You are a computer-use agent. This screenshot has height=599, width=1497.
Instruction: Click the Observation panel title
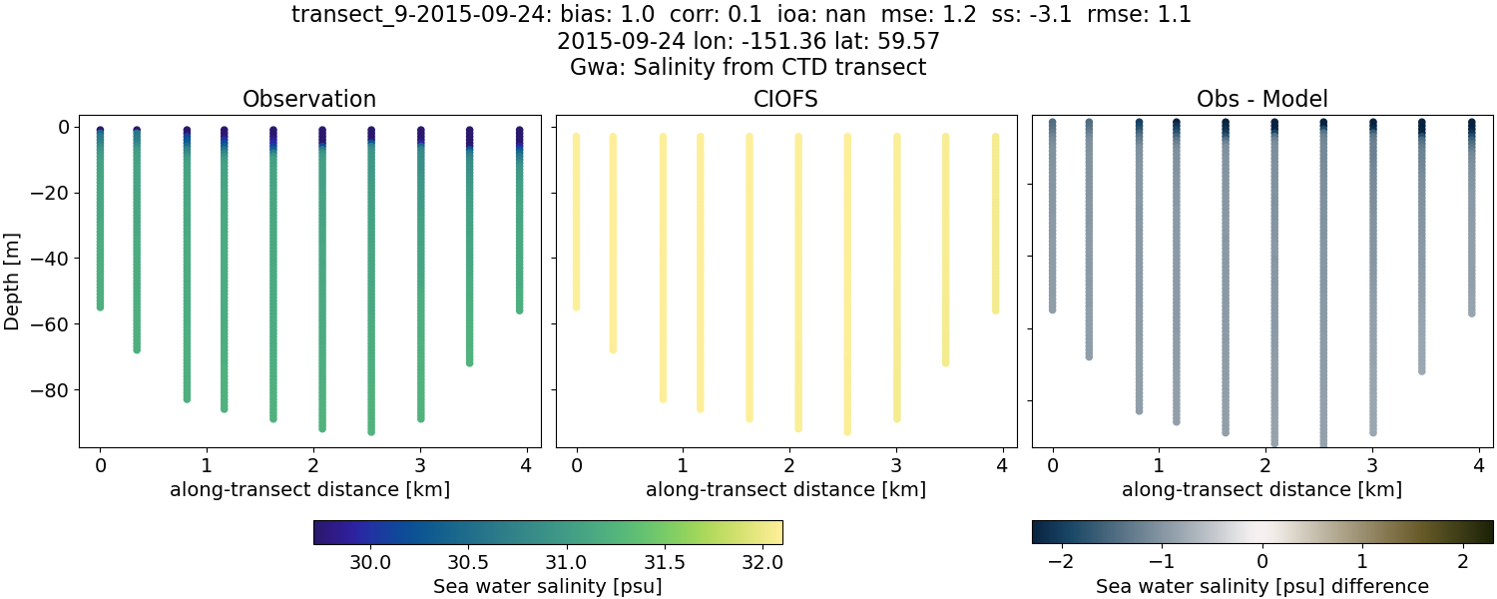click(309, 99)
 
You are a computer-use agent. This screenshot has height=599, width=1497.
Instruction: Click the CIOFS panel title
click(785, 99)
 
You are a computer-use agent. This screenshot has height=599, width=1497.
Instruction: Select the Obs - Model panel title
click(1261, 99)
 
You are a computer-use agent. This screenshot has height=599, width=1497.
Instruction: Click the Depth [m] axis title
click(13, 282)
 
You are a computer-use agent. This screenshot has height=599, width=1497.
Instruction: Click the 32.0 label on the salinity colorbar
click(761, 562)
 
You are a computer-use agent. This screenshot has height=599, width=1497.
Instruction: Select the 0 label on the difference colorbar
click(1262, 562)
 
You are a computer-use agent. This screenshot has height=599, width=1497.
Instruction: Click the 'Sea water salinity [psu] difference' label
click(1261, 586)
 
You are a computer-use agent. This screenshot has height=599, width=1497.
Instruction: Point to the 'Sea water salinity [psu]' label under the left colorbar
click(547, 586)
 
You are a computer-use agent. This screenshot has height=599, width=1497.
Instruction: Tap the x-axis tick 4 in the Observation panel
click(526, 465)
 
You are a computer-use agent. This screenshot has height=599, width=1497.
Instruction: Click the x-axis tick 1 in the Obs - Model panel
click(1158, 465)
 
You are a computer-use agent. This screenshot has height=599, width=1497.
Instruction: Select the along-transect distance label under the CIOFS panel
click(785, 490)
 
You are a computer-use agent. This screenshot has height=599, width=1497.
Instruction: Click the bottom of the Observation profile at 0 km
click(100, 306)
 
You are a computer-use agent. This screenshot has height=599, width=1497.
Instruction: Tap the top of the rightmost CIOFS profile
click(995, 137)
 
